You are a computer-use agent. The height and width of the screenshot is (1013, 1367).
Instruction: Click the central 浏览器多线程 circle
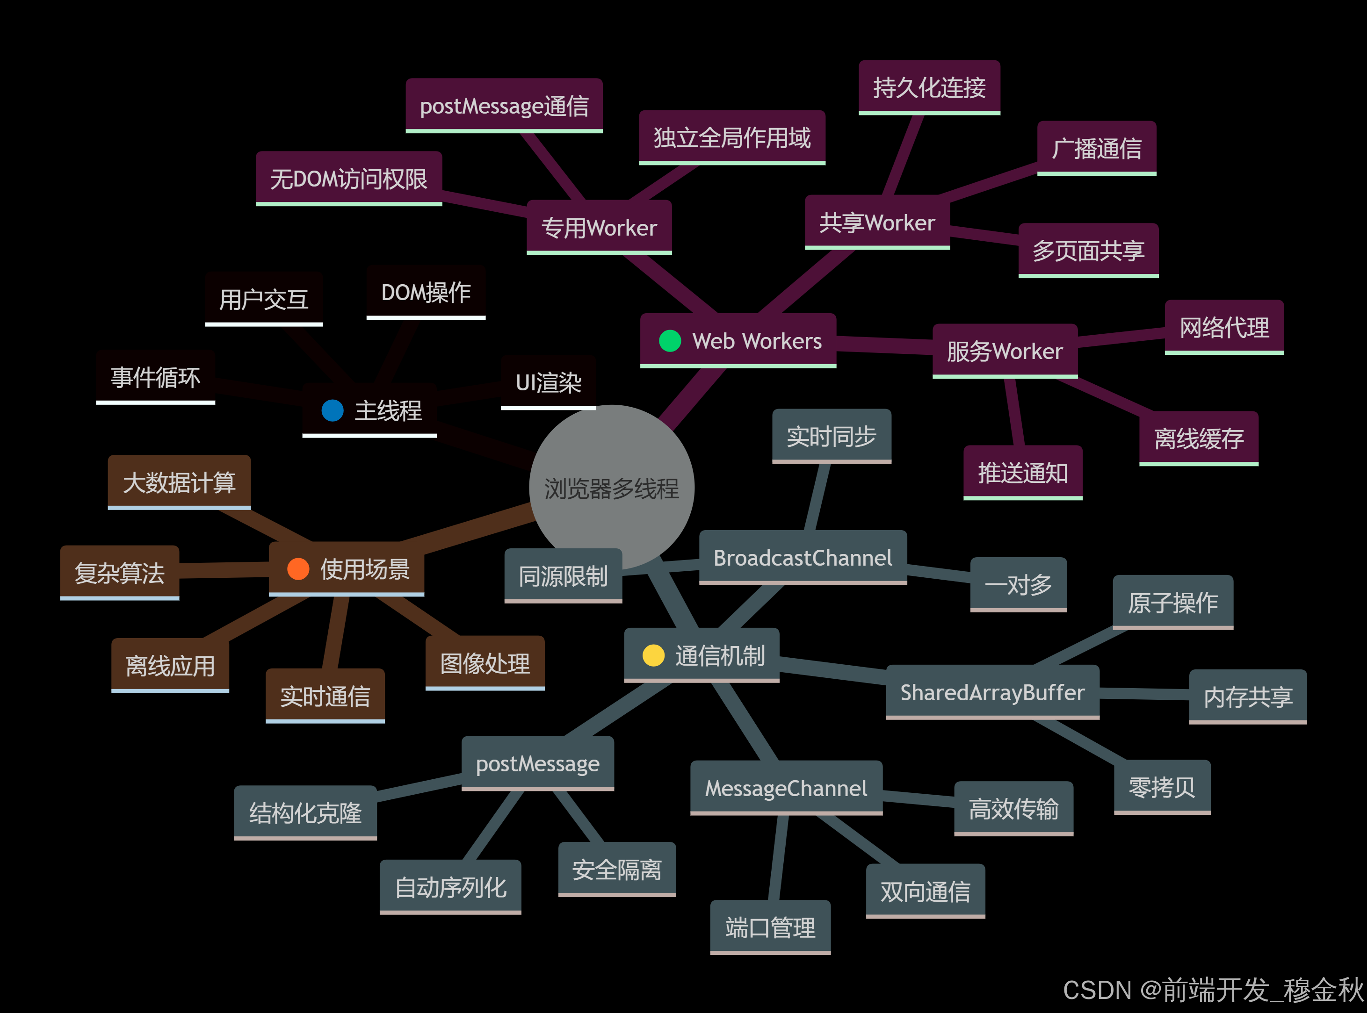point(611,488)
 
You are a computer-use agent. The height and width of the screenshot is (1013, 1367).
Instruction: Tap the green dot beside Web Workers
point(670,341)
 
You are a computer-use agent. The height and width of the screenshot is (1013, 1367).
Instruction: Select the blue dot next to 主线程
point(333,410)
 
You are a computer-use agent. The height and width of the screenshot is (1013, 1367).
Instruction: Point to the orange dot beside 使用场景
point(298,569)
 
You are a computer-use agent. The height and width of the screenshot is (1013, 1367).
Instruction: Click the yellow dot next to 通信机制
point(653,655)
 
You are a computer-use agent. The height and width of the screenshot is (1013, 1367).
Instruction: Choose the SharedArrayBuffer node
point(992,692)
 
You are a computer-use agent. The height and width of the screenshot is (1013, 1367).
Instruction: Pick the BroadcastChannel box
point(803,557)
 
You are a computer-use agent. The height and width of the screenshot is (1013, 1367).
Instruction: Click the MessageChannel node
point(786,788)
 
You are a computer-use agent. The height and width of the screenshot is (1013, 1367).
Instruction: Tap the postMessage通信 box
point(504,106)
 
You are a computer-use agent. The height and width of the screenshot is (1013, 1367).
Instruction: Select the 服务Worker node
point(1005,351)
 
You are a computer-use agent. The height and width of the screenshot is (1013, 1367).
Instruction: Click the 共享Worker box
point(877,222)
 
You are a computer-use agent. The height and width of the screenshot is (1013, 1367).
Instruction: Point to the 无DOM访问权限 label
point(348,179)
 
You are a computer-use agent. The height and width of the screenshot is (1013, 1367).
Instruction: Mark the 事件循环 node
point(155,377)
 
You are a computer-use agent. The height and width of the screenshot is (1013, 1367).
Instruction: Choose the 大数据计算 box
point(179,482)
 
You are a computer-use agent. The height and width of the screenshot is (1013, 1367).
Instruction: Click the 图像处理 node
point(485,663)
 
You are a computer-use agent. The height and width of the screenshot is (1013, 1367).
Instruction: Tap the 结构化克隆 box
point(305,812)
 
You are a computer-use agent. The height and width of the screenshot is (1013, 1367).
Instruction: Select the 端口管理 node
point(770,927)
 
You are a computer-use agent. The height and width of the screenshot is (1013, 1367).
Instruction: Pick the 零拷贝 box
point(1162,787)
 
